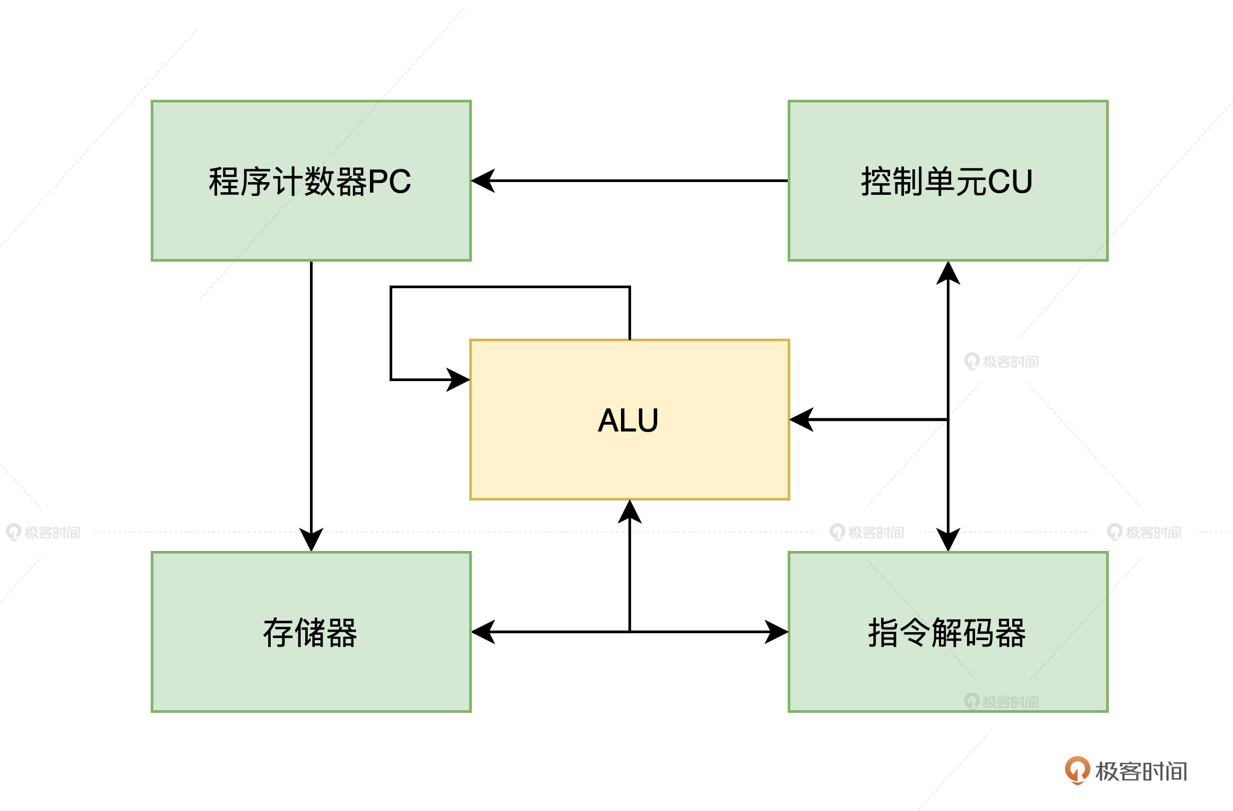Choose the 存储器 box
tap(311, 674)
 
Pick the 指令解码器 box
tap(947, 674)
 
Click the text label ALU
tap(628, 420)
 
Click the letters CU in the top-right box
tap(1010, 182)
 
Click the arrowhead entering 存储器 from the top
tap(311, 540)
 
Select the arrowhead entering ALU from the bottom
tap(630, 511)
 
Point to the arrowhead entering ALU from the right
tap(801, 419)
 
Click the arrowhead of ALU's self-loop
tap(459, 379)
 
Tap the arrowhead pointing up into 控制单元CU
tap(948, 272)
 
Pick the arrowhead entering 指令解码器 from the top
tap(948, 540)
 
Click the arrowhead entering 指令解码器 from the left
tap(777, 632)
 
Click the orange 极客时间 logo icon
tap(1077, 770)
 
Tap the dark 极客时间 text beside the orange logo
tap(1141, 771)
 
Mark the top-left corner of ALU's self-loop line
tap(391, 287)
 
